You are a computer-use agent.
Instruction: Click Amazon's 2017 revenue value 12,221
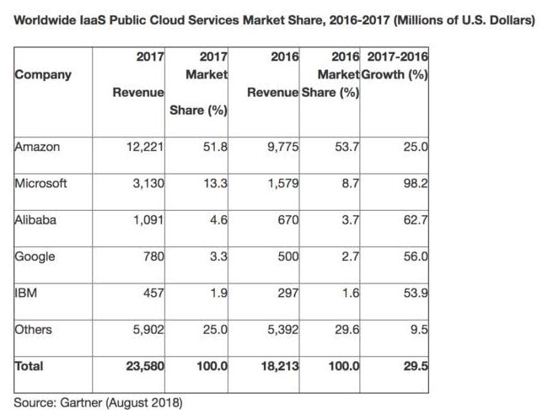point(145,147)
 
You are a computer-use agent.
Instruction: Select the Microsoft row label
point(40,183)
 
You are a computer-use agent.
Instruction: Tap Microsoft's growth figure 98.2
point(415,183)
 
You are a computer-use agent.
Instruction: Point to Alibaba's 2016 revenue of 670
point(288,219)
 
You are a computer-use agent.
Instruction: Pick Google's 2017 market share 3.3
point(218,256)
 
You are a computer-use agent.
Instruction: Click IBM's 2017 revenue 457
point(153,293)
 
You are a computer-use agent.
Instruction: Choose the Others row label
point(33,329)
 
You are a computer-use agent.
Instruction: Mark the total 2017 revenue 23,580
point(145,366)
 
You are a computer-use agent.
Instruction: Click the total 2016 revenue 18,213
point(280,366)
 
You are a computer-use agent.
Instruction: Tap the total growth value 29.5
point(415,366)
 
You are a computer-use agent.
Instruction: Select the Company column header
point(43,75)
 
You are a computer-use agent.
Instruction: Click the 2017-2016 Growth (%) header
point(395,66)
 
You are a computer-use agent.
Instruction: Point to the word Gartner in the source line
point(81,402)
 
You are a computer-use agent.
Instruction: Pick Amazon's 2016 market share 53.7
point(347,147)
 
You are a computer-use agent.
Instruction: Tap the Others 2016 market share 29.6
point(347,329)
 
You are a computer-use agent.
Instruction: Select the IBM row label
point(26,293)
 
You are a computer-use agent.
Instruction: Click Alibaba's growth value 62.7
point(415,219)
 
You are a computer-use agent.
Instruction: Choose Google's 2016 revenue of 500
point(288,256)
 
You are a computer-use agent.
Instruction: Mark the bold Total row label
point(29,366)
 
